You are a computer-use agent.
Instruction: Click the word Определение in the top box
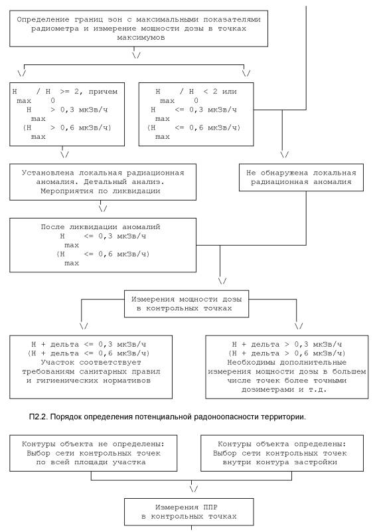[43, 20]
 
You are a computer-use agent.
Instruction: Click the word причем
[103, 92]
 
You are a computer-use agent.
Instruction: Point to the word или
[229, 92]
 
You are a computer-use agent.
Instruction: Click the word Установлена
[48, 173]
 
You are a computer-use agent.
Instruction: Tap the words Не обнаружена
[277, 173]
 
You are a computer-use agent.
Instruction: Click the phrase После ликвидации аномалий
[100, 227]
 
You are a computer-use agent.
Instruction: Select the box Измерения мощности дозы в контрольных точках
[187, 304]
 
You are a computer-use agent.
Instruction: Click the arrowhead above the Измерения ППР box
[194, 489]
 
